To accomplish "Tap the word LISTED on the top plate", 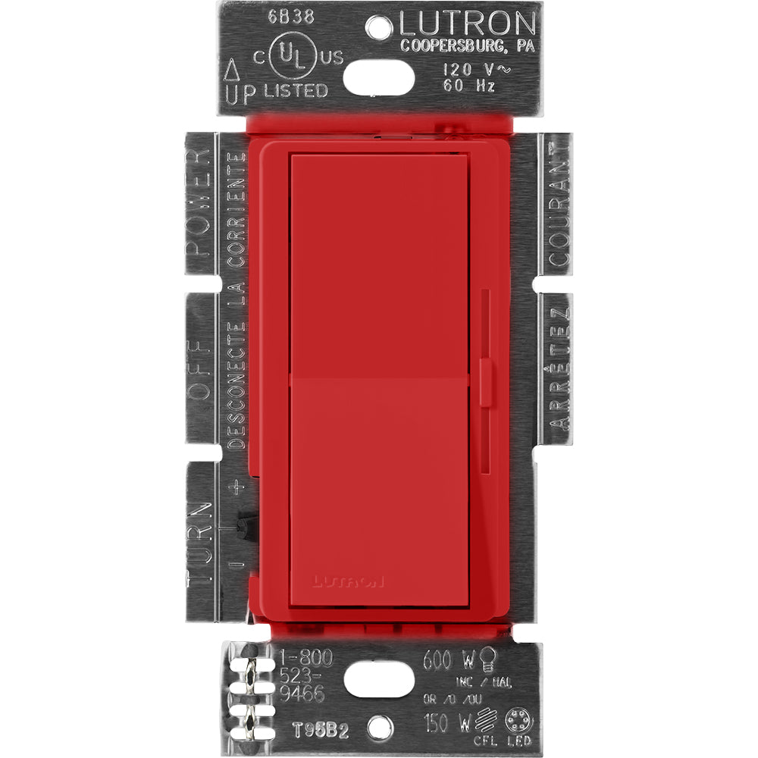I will (295, 91).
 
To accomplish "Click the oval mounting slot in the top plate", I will (379, 76).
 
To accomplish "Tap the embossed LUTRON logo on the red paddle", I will (346, 582).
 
